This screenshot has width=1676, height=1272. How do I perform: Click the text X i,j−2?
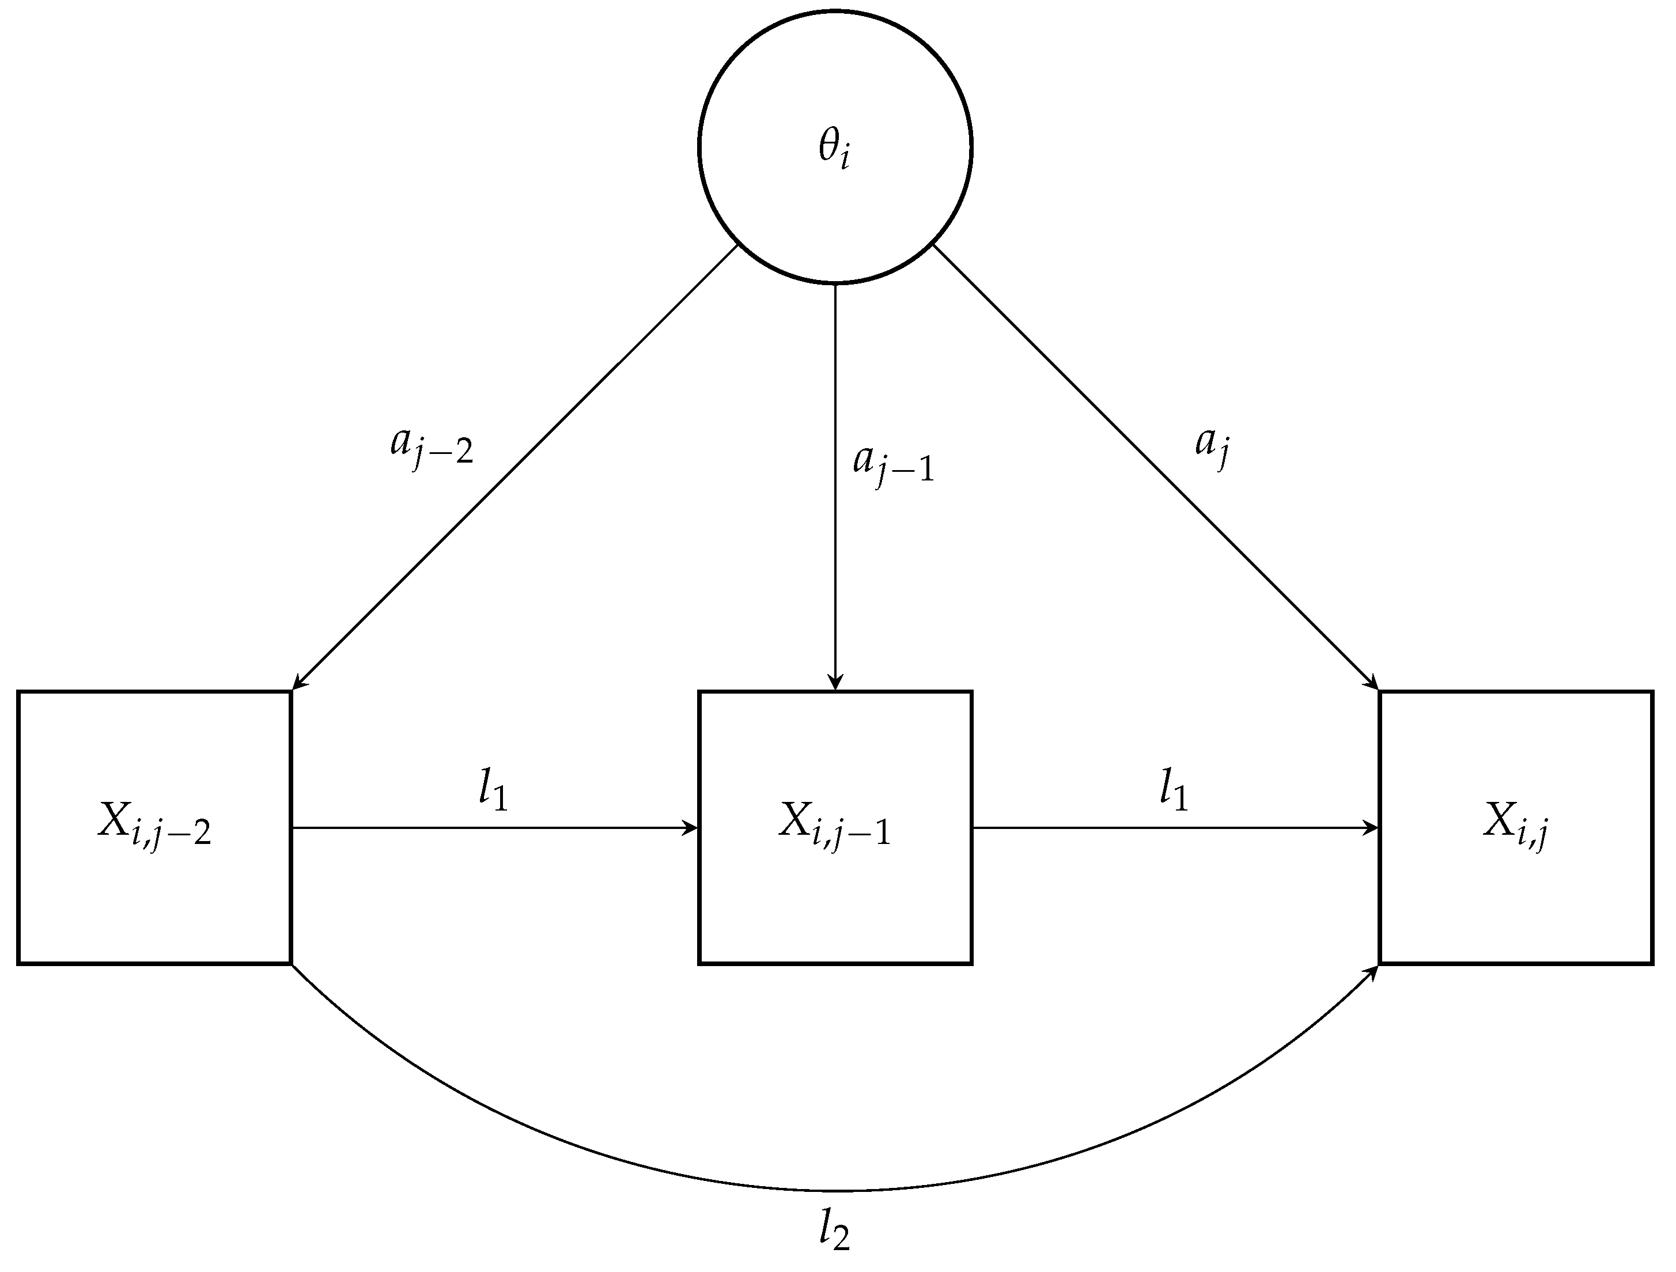(x=154, y=827)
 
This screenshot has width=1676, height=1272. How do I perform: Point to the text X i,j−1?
(x=834, y=827)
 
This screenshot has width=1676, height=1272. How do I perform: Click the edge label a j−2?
(x=431, y=447)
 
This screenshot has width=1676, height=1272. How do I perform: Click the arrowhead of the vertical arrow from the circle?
(x=834, y=683)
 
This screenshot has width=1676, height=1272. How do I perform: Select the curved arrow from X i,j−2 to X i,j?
(x=834, y=1190)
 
